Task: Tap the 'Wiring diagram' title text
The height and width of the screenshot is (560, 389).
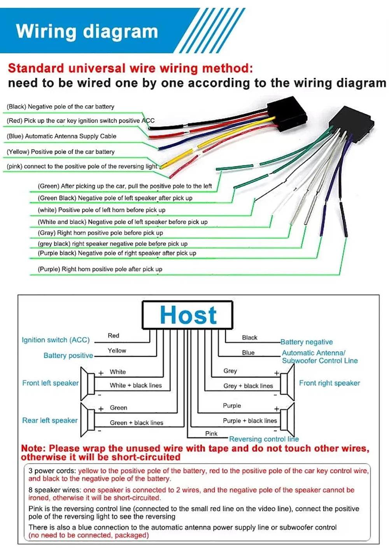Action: pyautogui.click(x=87, y=32)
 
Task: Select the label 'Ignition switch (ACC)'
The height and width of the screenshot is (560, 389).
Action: pyautogui.click(x=56, y=340)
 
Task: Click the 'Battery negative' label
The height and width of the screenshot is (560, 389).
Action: pyautogui.click(x=307, y=342)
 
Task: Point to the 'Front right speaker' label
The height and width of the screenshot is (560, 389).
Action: pyautogui.click(x=329, y=383)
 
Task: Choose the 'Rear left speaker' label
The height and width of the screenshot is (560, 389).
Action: pyautogui.click(x=50, y=420)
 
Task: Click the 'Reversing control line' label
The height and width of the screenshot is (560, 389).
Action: pyautogui.click(x=264, y=439)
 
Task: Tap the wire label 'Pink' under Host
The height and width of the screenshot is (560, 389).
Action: pyautogui.click(x=211, y=433)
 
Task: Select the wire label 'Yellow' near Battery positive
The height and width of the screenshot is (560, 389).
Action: pyautogui.click(x=117, y=350)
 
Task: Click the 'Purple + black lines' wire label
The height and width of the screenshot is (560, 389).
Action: pyautogui.click(x=250, y=421)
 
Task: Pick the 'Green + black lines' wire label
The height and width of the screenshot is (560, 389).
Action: pyautogui.click(x=137, y=423)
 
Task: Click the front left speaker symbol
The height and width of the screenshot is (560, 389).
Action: pyautogui.click(x=88, y=384)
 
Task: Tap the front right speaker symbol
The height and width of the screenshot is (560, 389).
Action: pyautogui.click(x=287, y=382)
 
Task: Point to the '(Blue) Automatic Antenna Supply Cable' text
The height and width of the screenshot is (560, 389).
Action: pyautogui.click(x=61, y=136)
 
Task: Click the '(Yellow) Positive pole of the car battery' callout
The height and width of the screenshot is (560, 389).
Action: pyautogui.click(x=61, y=152)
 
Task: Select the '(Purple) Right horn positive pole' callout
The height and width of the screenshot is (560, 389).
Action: pyautogui.click(x=100, y=269)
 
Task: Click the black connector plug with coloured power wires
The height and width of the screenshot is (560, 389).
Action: pyautogui.click(x=287, y=114)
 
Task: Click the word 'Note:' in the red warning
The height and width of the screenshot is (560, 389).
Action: pyautogui.click(x=34, y=448)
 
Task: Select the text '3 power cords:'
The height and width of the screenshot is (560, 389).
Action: pyautogui.click(x=52, y=471)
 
